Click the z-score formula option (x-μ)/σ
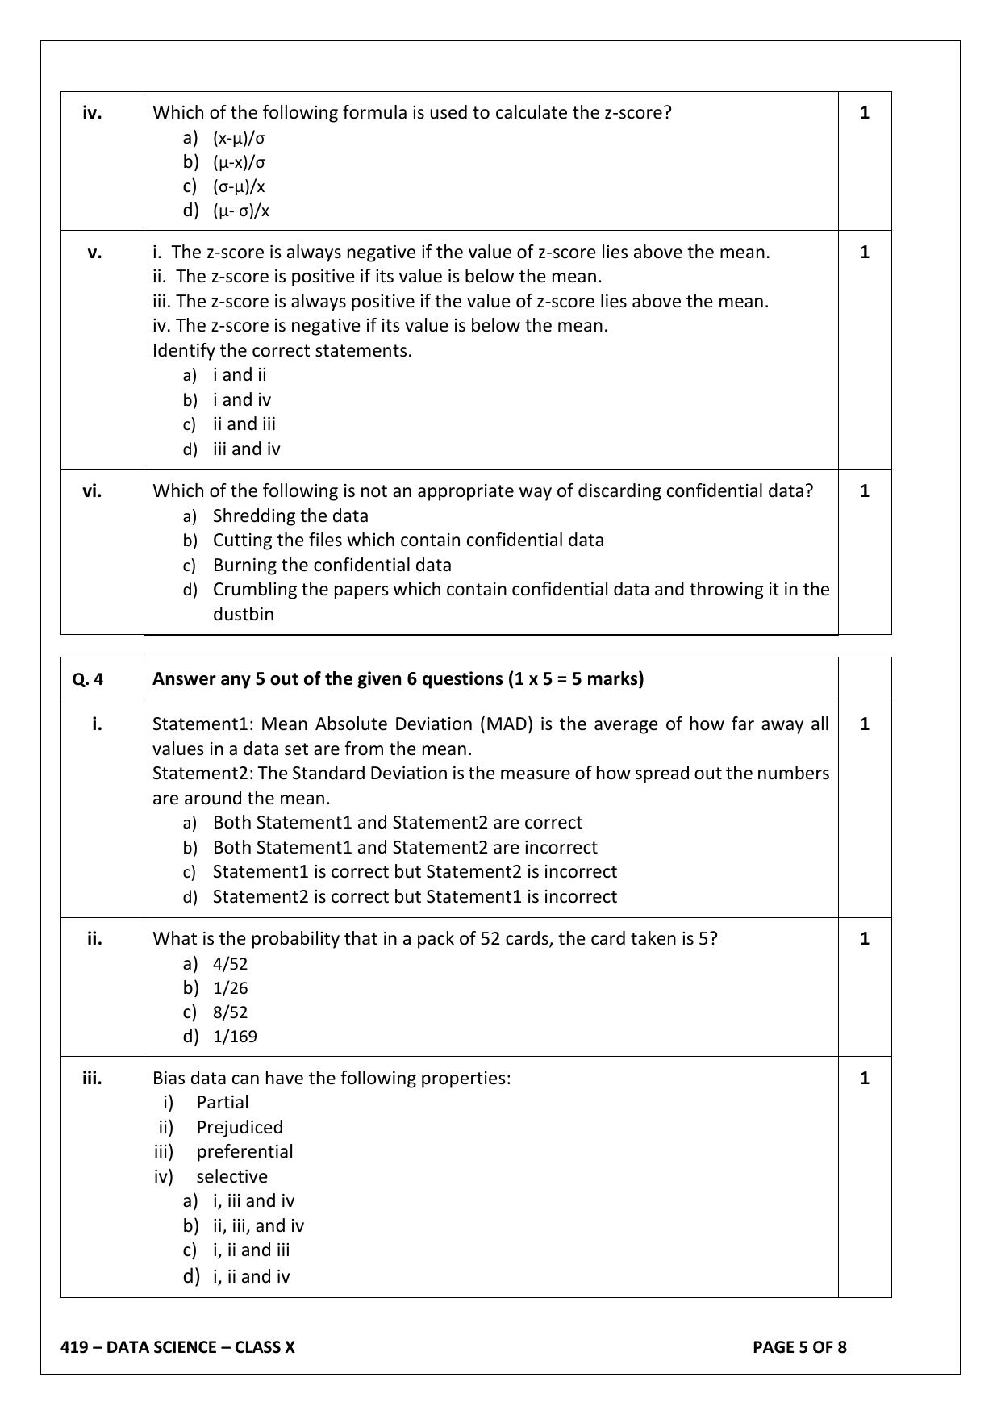click(239, 138)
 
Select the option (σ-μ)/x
click(239, 187)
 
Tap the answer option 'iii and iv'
click(246, 449)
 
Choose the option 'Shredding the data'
click(290, 516)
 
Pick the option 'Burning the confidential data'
click(332, 566)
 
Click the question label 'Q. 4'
click(88, 679)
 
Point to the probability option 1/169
click(235, 1037)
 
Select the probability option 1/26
click(230, 988)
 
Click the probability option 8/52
click(230, 1012)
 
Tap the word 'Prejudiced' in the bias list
click(240, 1128)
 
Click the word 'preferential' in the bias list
click(244, 1152)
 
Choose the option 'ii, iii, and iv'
click(258, 1226)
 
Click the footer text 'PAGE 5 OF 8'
click(799, 1347)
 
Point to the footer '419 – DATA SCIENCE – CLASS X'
click(178, 1347)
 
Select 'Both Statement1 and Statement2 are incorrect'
click(405, 848)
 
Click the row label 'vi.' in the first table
click(92, 491)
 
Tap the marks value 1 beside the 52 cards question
click(865, 939)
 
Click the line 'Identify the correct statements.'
click(282, 351)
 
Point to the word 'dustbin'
click(243, 615)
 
